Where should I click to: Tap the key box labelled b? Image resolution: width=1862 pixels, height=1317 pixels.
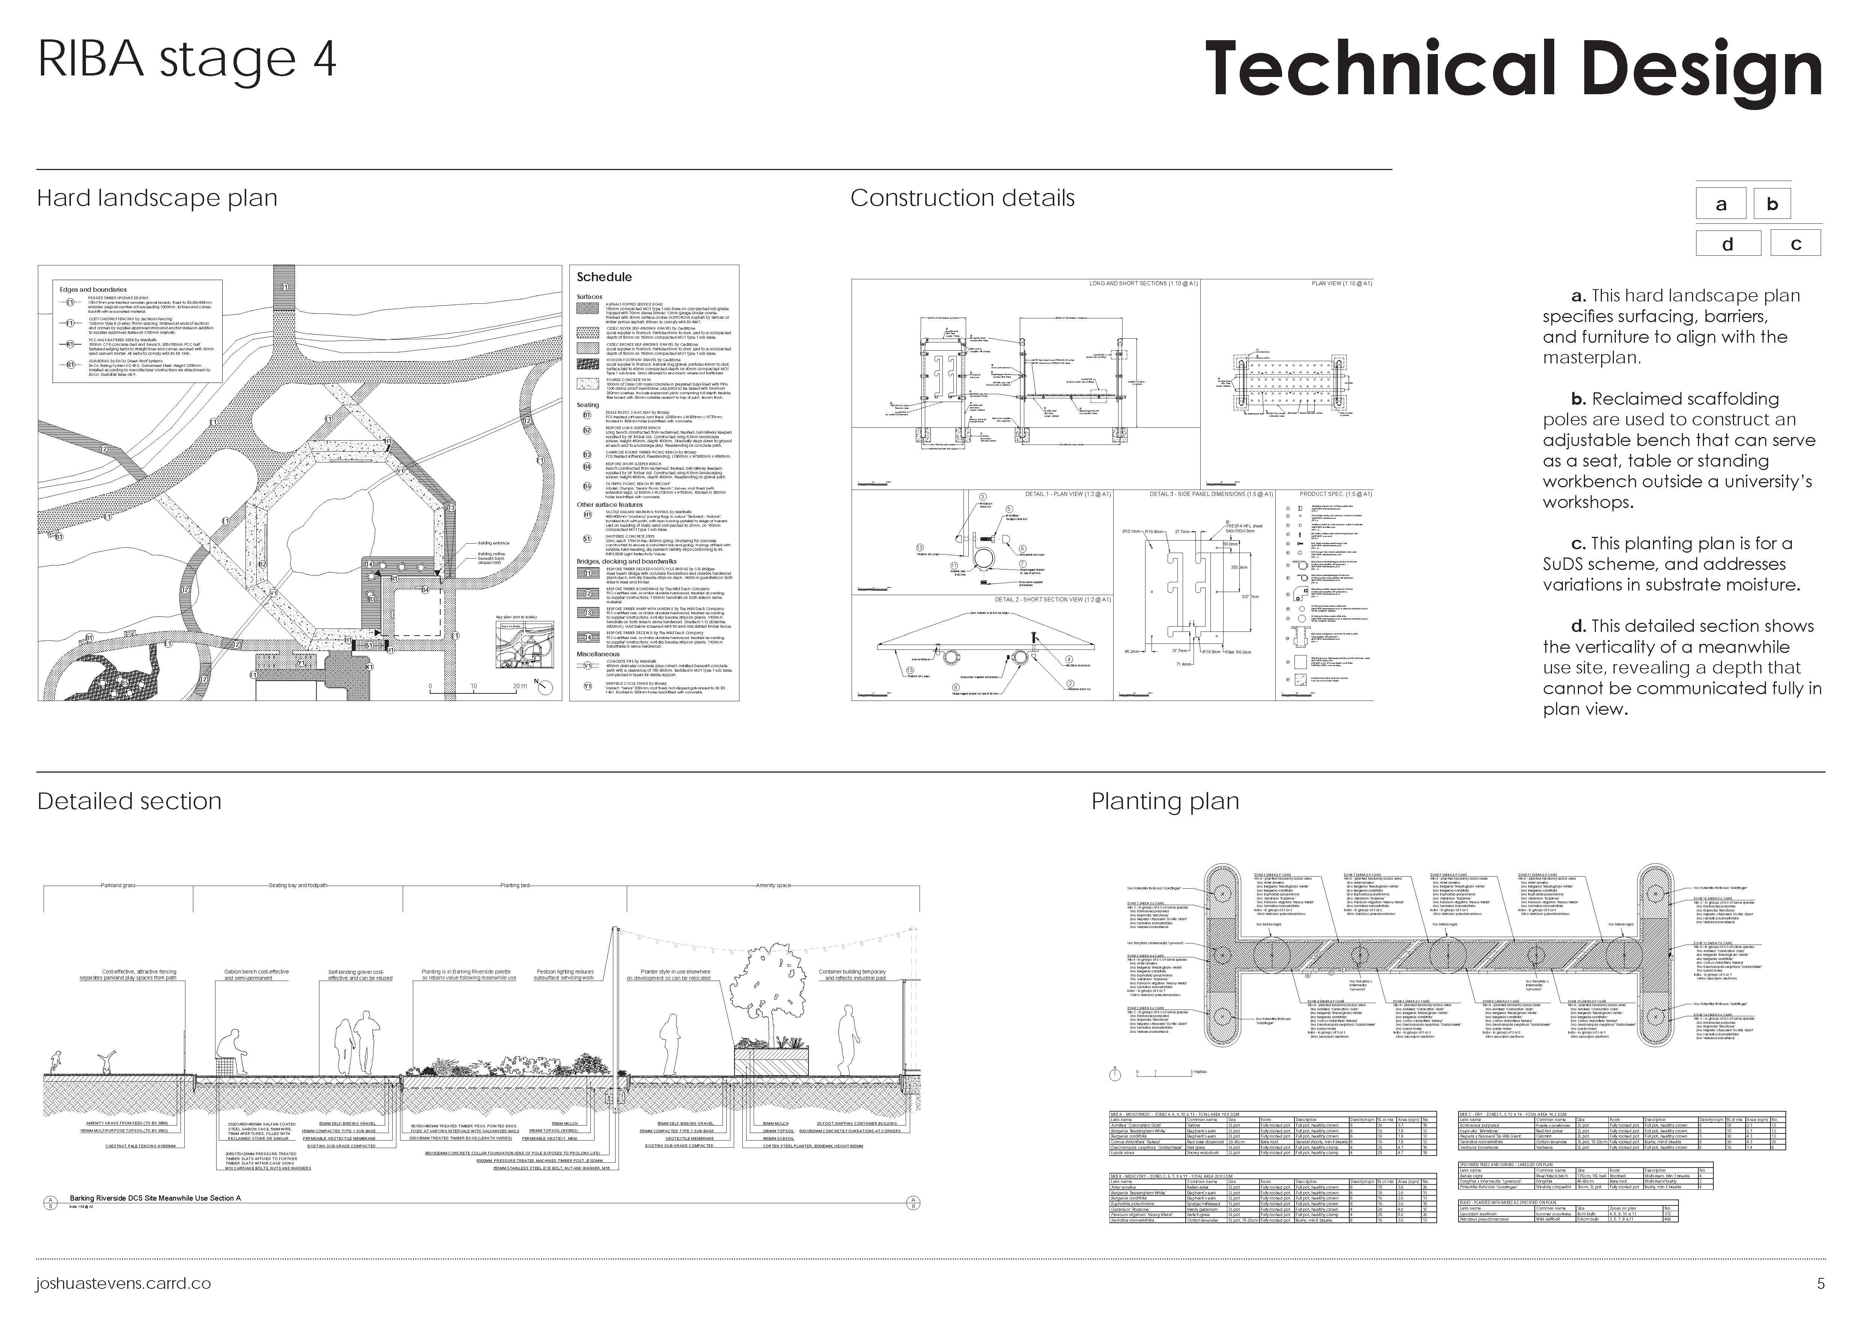click(1772, 203)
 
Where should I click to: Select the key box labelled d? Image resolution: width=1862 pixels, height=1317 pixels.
click(1727, 243)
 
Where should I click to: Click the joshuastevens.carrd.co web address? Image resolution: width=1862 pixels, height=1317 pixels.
click(123, 1284)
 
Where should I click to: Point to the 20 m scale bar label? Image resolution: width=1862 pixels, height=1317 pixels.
click(519, 686)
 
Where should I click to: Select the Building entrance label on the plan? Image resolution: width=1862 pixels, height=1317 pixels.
click(493, 543)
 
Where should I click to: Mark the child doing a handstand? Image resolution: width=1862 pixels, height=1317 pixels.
click(105, 1063)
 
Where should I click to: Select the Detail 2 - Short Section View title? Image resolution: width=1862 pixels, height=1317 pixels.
click(1052, 599)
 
